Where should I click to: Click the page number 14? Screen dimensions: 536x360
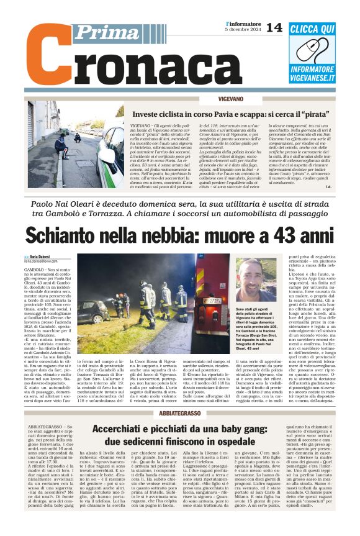[274, 27]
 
